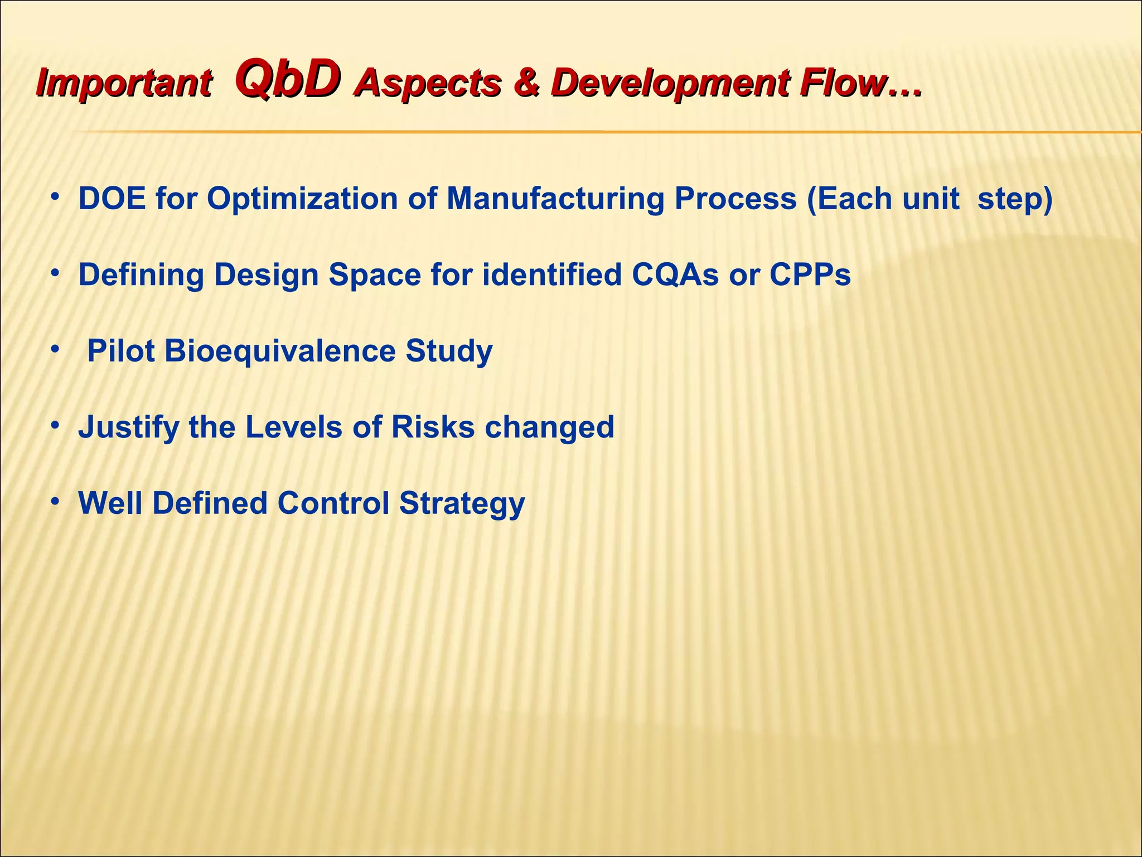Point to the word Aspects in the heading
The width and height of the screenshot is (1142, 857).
(428, 83)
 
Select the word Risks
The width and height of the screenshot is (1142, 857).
(433, 427)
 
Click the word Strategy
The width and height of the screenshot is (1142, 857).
(462, 503)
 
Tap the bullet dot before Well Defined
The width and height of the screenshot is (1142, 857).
(55, 502)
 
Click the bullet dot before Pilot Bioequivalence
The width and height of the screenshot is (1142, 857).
(55, 350)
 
